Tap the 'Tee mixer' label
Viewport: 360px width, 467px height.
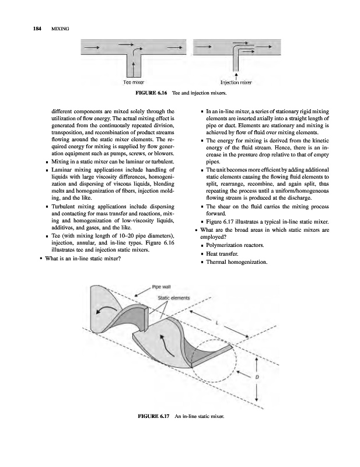pyautogui.click(x=134, y=83)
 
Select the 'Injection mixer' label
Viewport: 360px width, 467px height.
pyautogui.click(x=235, y=83)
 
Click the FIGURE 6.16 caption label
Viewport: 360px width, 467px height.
pyautogui.click(x=153, y=93)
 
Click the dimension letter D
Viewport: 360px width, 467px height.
pyautogui.click(x=257, y=377)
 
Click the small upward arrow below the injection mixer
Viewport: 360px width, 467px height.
pyautogui.click(x=235, y=75)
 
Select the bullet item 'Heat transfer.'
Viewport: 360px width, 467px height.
pyautogui.click(x=225, y=253)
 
